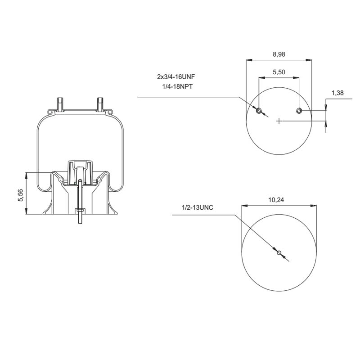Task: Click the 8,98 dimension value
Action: pos(279,54)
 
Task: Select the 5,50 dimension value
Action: pos(279,72)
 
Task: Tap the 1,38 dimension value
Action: pos(337,93)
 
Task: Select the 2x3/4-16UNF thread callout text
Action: pos(175,77)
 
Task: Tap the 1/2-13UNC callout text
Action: pos(197,208)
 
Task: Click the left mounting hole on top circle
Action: pos(259,111)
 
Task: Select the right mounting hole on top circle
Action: pos(299,111)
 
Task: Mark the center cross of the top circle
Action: pos(279,121)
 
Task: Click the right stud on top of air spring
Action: pos(99,103)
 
